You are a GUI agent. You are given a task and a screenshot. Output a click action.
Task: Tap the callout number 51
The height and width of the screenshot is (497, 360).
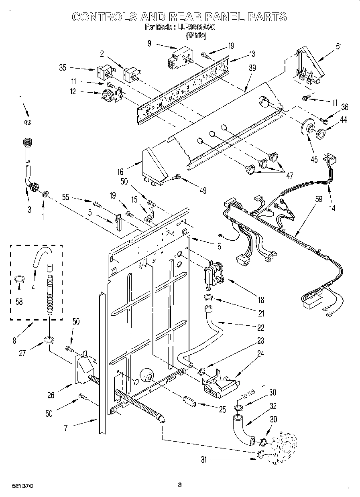click(x=339, y=46)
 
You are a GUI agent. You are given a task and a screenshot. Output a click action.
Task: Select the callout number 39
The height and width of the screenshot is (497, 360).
click(x=252, y=68)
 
